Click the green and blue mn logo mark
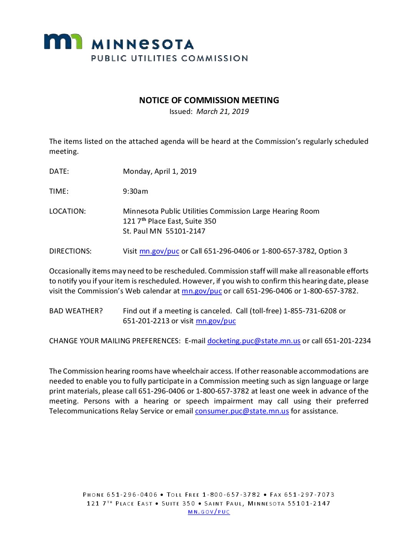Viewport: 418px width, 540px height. (x=63, y=41)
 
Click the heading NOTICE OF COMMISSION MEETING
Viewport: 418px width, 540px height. (x=209, y=100)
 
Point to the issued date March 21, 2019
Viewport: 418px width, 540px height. (x=222, y=112)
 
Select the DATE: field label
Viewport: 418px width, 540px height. (x=59, y=171)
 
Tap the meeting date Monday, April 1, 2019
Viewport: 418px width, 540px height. (x=159, y=171)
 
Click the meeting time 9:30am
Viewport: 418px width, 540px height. (x=135, y=191)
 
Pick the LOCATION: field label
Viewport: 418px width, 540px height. (x=68, y=211)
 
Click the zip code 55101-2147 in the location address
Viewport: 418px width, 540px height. (x=185, y=231)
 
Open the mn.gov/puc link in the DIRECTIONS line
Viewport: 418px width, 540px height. (x=159, y=251)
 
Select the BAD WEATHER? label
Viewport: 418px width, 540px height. (x=76, y=311)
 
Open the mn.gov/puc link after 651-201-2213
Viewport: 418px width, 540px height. (x=216, y=321)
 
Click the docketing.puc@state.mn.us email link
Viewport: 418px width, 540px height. (x=254, y=341)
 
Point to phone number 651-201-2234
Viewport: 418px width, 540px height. (x=348, y=341)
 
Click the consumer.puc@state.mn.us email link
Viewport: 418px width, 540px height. (x=242, y=411)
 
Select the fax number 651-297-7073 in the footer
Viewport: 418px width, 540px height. (x=309, y=495)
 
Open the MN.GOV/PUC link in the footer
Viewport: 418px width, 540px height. (x=209, y=512)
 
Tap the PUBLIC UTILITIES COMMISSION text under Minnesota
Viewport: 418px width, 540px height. (x=169, y=58)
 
